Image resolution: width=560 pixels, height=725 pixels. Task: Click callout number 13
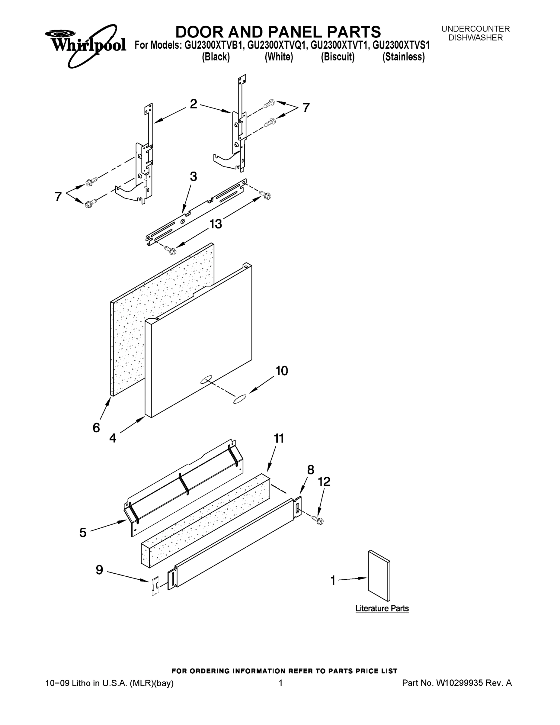coord(216,224)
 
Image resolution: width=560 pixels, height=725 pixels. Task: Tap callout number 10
coord(282,371)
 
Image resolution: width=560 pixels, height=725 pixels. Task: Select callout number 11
coord(279,439)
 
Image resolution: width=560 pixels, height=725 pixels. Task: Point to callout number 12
coord(324,482)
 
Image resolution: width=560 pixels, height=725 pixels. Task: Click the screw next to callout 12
coord(318,520)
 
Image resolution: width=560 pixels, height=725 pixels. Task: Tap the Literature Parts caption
coord(382,608)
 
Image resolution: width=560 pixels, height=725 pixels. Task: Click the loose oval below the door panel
coord(240,399)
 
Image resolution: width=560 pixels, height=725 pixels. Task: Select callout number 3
coord(194,177)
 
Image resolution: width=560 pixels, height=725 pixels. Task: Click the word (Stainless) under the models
coord(403,57)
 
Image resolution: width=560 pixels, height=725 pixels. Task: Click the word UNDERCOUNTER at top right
coord(475,29)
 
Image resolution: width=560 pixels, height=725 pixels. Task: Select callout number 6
coord(96,428)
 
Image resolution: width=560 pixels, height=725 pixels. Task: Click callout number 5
coord(83,533)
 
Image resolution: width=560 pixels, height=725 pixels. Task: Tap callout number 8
coord(311,470)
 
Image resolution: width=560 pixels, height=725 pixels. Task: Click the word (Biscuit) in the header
coord(338,57)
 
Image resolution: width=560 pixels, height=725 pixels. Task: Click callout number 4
coord(113,438)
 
